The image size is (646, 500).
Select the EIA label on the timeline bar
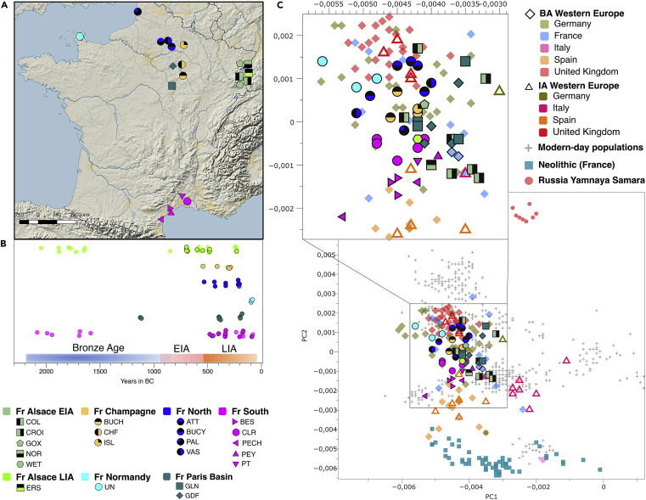coord(183,346)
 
